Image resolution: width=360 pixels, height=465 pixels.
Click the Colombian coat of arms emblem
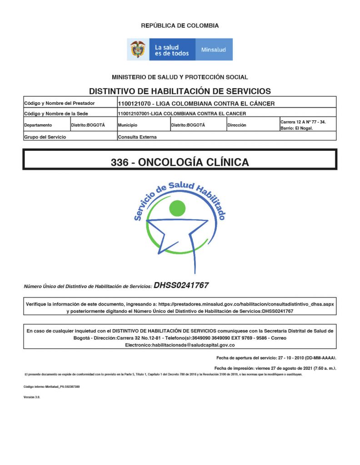pyautogui.click(x=138, y=49)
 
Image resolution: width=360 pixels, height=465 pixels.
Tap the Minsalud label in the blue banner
pyautogui.click(x=213, y=49)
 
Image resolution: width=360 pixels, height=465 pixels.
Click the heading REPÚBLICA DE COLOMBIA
pyautogui.click(x=180, y=26)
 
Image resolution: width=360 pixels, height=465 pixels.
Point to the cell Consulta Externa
pyautogui.click(x=137, y=137)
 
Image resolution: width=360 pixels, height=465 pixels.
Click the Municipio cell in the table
pyautogui.click(x=127, y=125)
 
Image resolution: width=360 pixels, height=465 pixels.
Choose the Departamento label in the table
pyautogui.click(x=38, y=125)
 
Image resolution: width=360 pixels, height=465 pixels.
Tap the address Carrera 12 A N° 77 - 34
pyautogui.click(x=303, y=122)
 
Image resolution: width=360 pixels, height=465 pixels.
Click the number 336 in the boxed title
pyautogui.click(x=119, y=162)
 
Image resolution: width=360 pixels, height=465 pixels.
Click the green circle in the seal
pyautogui.click(x=177, y=208)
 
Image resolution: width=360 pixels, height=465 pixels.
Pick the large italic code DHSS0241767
pyautogui.click(x=181, y=285)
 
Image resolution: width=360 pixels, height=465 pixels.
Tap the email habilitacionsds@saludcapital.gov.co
pyautogui.click(x=180, y=346)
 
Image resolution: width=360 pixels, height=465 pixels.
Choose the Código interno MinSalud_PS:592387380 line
pyautogui.click(x=51, y=386)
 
